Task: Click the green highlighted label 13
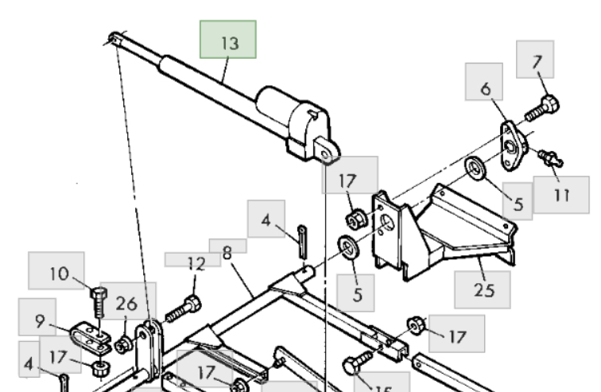tap(228, 43)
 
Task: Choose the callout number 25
tap(483, 289)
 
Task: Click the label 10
tap(59, 274)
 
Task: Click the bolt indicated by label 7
tap(542, 106)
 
